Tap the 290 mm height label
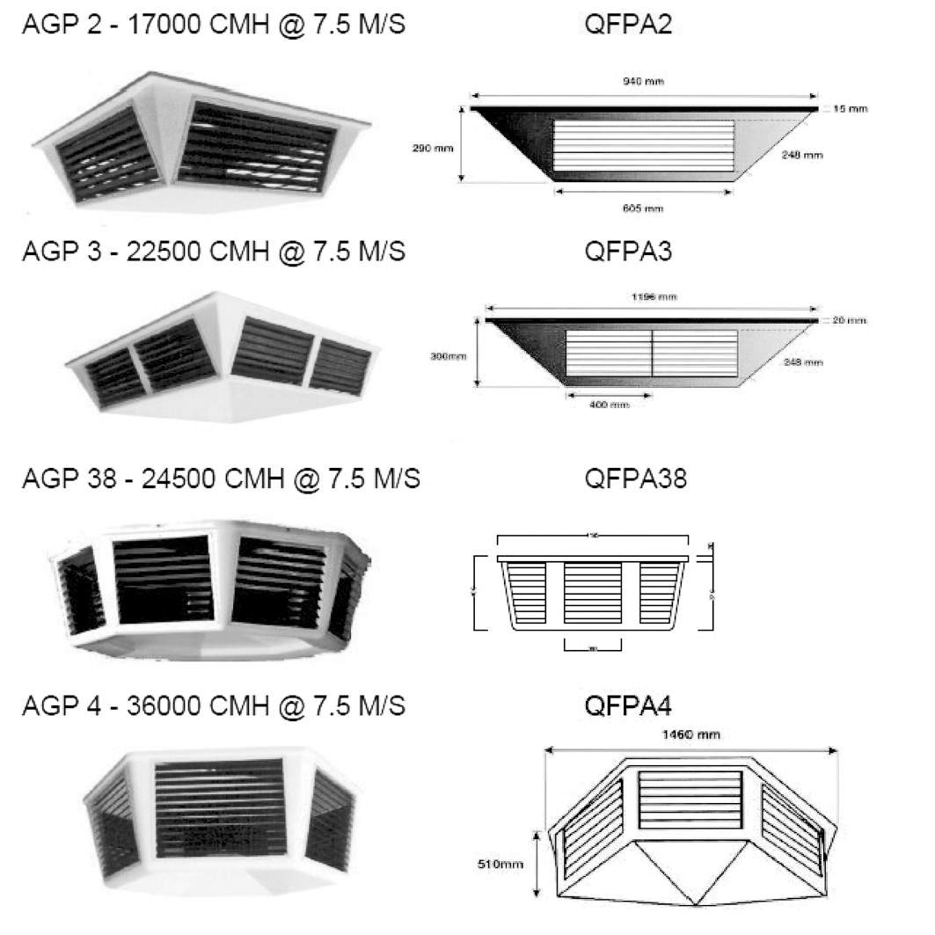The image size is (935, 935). point(432,148)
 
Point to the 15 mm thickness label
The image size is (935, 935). point(850,109)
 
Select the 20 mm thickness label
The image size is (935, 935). point(850,320)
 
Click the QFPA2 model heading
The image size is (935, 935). point(628,25)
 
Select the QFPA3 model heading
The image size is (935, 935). point(628,252)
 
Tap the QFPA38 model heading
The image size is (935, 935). point(635,479)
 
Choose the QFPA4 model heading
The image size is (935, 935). point(628,706)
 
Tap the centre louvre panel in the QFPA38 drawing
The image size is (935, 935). point(592,595)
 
